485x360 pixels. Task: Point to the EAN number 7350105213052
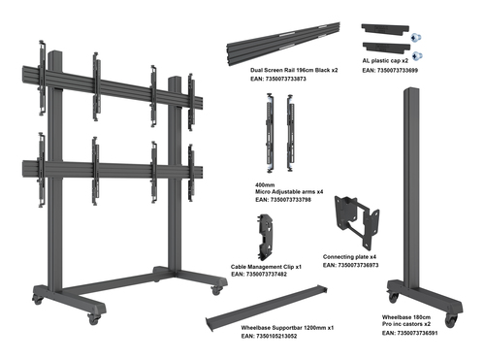pos(279,338)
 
